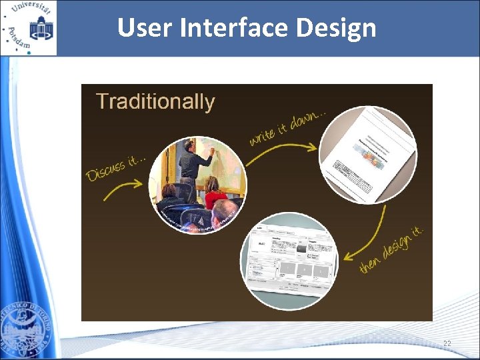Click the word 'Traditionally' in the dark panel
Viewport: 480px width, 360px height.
(x=155, y=102)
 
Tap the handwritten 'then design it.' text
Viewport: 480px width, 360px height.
(x=392, y=248)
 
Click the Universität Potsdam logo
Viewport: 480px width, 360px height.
(x=29, y=28)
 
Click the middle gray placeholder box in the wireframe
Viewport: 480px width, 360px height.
(x=304, y=269)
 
